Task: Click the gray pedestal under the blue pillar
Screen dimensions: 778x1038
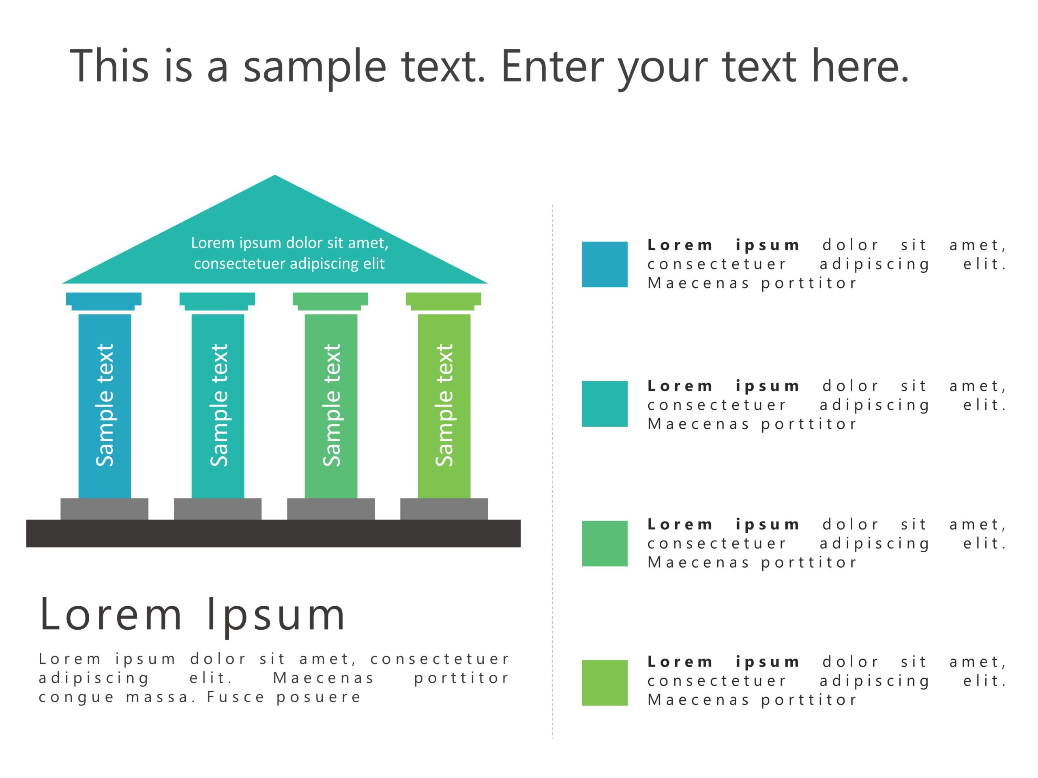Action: [x=104, y=509]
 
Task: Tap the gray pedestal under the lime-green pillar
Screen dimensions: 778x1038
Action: [x=444, y=509]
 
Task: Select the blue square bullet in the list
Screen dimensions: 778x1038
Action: [x=605, y=265]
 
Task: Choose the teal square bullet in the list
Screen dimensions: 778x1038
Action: [x=605, y=404]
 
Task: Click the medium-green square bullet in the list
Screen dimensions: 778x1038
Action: [x=605, y=543]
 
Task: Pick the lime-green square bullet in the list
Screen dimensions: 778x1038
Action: [x=605, y=682]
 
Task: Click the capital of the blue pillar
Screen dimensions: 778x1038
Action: [x=104, y=301]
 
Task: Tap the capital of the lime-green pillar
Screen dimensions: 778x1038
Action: [x=444, y=301]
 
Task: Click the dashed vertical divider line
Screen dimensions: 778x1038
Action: [x=552, y=469]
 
